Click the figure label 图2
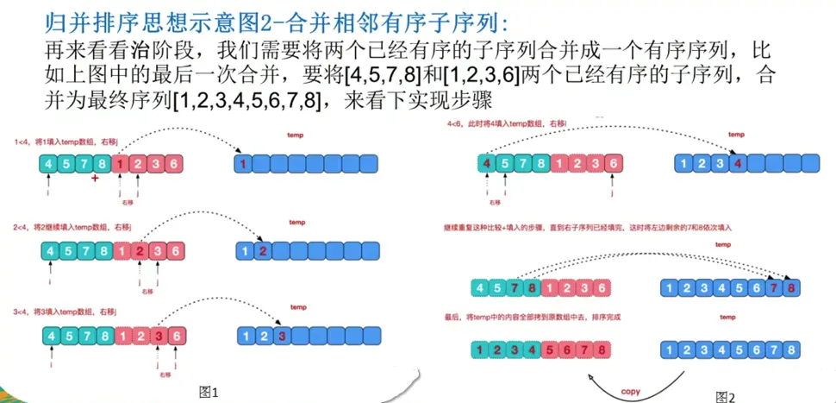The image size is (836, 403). point(725,396)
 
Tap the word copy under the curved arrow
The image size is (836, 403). point(631,391)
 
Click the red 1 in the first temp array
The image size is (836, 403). point(244,164)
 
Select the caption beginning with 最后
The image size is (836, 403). point(533,318)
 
